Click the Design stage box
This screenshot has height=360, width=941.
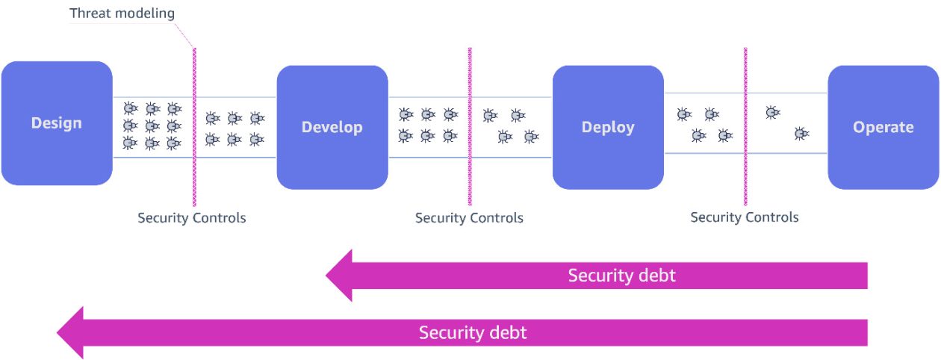(57, 123)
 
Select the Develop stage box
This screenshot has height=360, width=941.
(332, 127)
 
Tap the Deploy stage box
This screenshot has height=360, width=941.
(608, 127)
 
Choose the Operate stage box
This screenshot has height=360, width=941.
(883, 127)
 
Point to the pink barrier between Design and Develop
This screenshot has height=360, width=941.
(194, 127)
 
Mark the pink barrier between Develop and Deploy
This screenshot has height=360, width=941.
(470, 127)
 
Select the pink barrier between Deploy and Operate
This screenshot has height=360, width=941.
(745, 127)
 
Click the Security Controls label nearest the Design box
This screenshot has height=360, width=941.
(191, 218)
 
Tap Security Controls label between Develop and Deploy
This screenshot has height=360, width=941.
(469, 218)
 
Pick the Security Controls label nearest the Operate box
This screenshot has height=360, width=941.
(745, 217)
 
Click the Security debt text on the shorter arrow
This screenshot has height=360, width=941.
(621, 275)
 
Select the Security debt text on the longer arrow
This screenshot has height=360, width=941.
(473, 332)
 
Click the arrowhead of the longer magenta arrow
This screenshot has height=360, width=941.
(70, 332)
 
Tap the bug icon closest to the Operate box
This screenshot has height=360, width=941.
(801, 134)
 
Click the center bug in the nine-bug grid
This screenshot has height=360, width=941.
(152, 125)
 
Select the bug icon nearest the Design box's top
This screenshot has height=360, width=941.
(130, 108)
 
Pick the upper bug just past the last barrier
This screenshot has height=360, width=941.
(772, 113)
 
